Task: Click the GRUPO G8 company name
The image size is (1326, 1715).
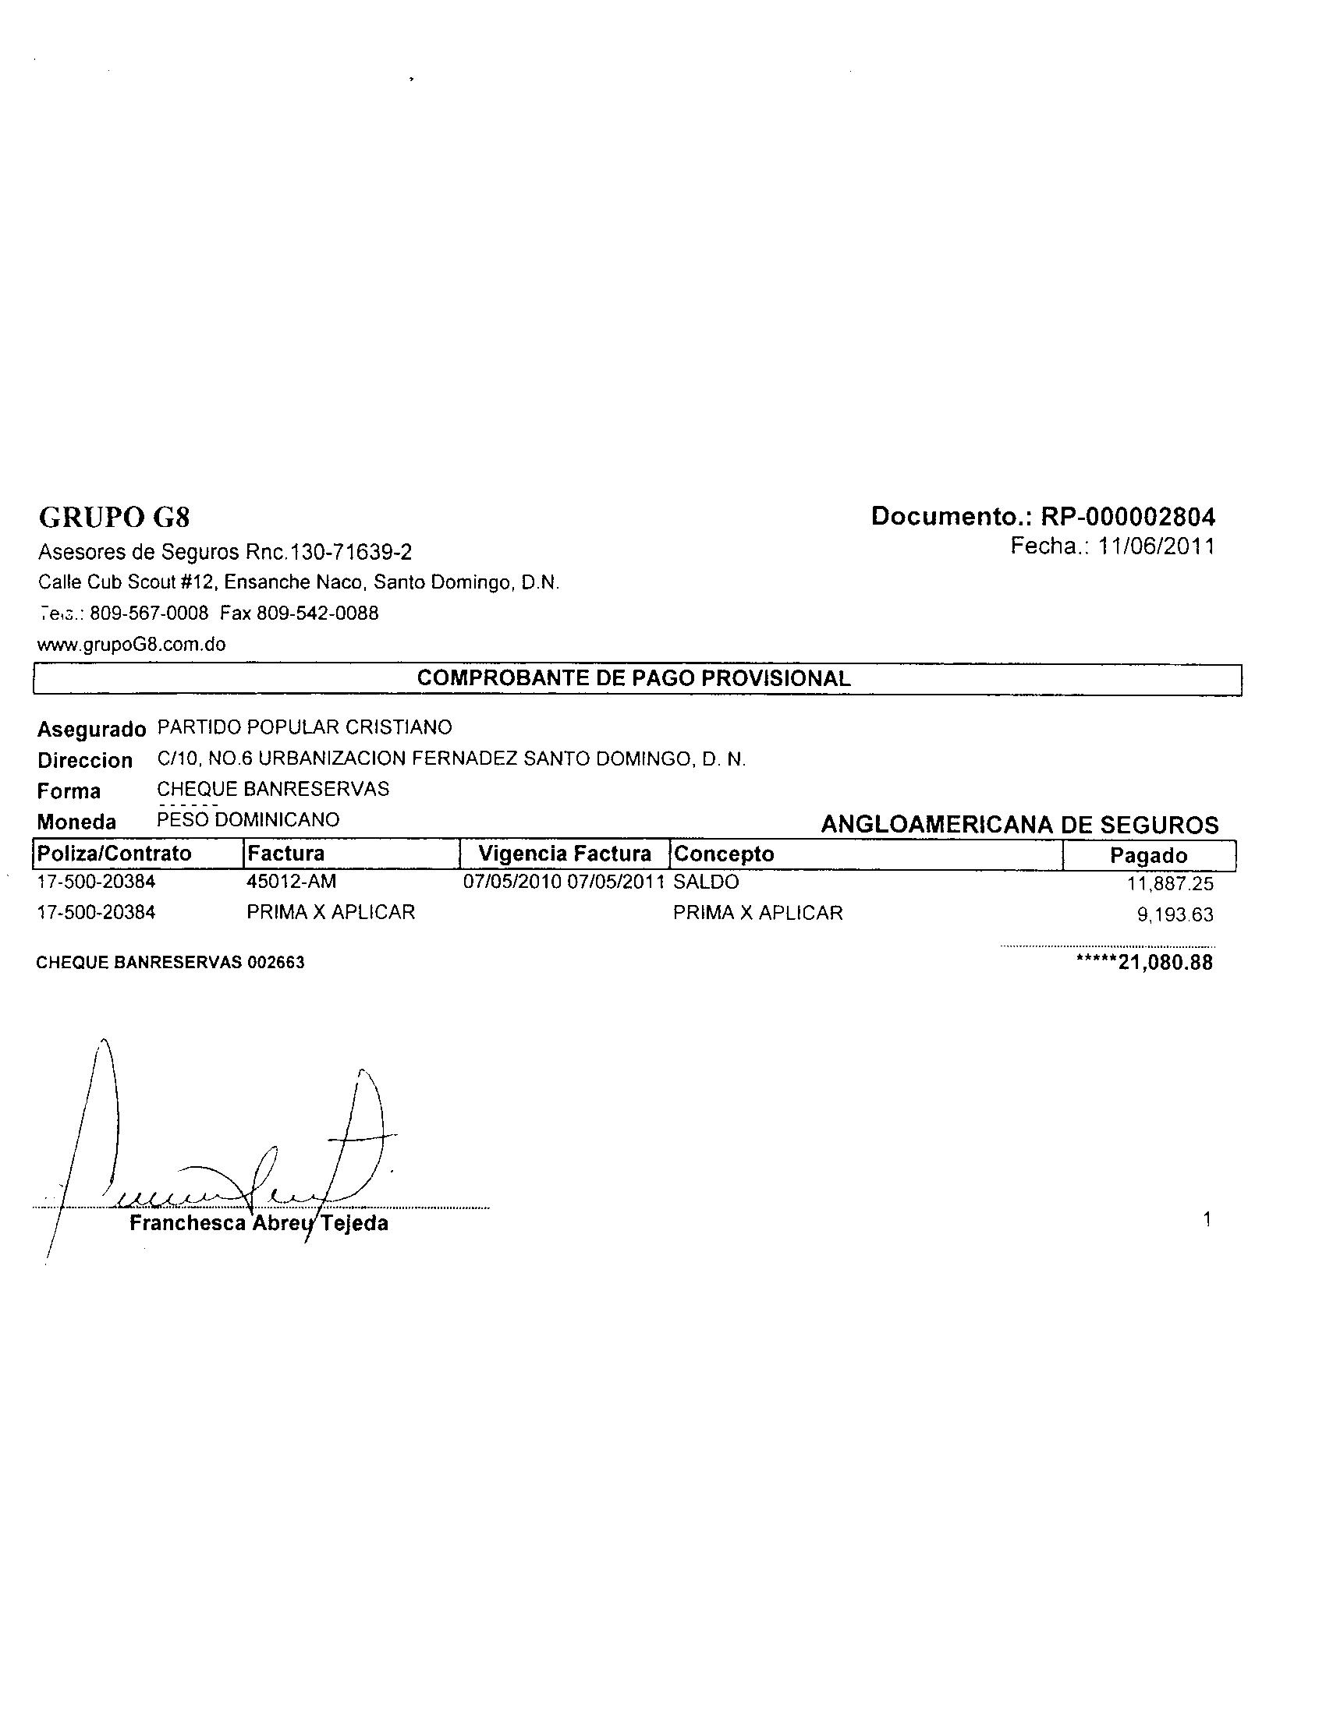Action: pos(115,517)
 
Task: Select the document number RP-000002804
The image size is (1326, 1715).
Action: pos(1127,517)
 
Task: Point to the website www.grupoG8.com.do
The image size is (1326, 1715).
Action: pos(132,645)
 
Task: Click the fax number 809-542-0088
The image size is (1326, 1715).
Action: pos(317,614)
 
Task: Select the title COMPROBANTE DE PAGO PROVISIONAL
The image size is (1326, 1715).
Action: pos(633,678)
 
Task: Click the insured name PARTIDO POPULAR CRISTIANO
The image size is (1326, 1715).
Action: pos(305,727)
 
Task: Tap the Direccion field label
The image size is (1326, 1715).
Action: pos(85,760)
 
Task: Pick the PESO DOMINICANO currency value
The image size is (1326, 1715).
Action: pos(248,820)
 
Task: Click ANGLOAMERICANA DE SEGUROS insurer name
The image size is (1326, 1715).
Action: pos(1019,825)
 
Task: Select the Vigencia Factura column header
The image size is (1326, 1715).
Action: pos(565,854)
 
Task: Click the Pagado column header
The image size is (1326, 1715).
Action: pos(1147,856)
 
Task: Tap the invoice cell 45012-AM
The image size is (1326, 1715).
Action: pos(291,882)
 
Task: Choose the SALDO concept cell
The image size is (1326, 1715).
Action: pos(705,882)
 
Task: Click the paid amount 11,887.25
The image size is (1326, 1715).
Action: pos(1170,884)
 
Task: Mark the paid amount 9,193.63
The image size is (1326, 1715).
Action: pos(1175,915)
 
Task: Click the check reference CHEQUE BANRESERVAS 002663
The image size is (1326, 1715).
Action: pos(171,963)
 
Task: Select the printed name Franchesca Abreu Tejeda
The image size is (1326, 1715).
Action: pos(258,1223)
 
